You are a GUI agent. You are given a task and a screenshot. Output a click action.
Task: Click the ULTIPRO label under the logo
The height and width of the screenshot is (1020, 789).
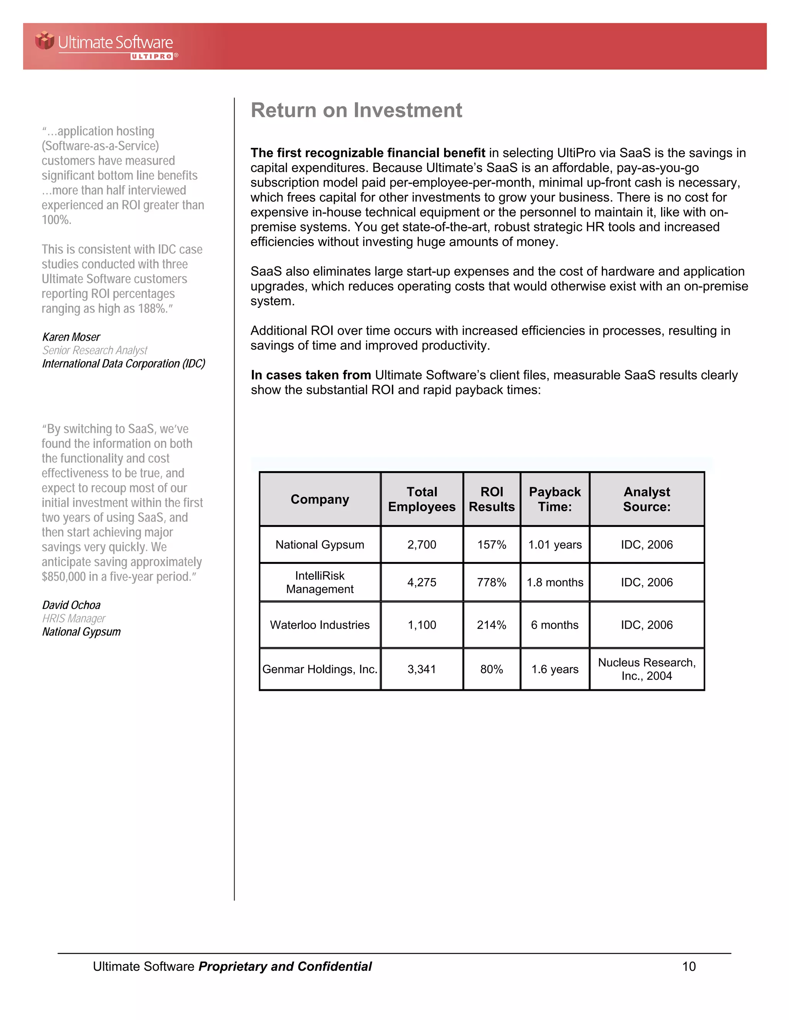pos(152,57)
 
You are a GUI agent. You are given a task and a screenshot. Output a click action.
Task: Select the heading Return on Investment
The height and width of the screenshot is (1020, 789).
pos(356,111)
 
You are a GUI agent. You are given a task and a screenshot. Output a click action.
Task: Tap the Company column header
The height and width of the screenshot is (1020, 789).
pos(320,499)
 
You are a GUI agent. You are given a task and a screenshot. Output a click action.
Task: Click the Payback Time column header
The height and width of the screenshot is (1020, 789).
pos(555,499)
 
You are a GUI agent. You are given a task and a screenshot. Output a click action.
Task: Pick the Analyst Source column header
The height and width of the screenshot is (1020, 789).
pos(646,499)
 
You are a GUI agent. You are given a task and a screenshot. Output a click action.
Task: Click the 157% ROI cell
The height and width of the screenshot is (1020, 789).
pos(491,545)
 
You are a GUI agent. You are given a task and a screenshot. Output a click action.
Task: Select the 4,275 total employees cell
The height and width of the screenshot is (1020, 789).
pos(421,582)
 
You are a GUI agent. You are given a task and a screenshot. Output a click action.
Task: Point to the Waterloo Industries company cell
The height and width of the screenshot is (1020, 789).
pos(320,625)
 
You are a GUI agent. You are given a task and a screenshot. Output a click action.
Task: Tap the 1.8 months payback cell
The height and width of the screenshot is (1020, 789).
pos(555,582)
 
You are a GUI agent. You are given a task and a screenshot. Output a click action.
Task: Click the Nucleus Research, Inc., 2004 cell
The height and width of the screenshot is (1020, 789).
pos(646,669)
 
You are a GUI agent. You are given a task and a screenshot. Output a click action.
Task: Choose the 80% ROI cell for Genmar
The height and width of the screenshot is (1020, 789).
pos(491,669)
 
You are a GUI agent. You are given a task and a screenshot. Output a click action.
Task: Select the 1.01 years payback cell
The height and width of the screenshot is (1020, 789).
pos(555,545)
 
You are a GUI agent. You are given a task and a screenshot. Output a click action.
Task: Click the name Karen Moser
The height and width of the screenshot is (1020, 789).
pos(71,337)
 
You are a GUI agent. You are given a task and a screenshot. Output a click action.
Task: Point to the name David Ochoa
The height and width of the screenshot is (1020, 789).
pos(71,605)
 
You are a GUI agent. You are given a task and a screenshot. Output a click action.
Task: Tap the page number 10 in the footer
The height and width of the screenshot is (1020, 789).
pos(688,966)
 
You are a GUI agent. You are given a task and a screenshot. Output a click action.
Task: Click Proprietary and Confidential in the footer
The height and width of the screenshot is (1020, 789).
pos(285,966)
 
